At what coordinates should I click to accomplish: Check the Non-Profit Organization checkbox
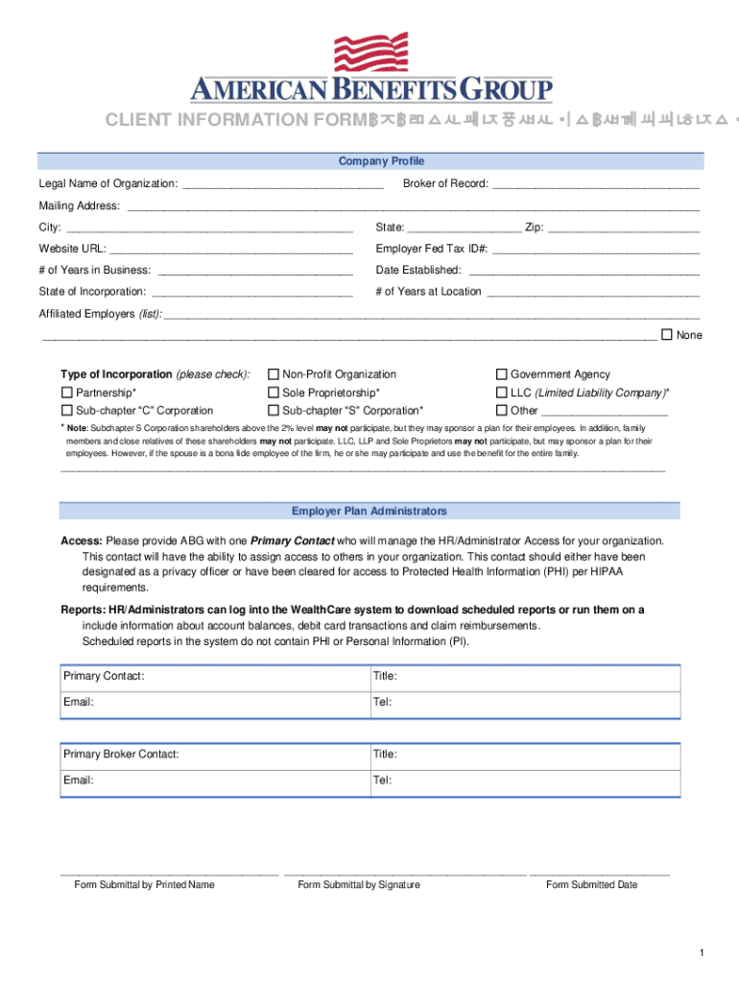[274, 374]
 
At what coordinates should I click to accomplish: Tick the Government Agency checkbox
[501, 374]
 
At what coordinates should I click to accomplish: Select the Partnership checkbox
[67, 393]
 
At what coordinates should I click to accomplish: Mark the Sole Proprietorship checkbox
[274, 393]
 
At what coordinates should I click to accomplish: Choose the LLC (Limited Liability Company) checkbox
[501, 393]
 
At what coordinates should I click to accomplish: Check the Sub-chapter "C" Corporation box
[67, 411]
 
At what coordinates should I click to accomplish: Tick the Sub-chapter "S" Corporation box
[274, 411]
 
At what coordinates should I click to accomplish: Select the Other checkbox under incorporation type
[501, 411]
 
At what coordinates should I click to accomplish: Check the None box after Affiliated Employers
[667, 335]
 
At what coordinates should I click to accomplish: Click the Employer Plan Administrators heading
[369, 512]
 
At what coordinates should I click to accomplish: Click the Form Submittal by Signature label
[359, 885]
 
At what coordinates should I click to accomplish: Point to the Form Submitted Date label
[591, 885]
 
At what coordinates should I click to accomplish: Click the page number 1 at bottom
[703, 952]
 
